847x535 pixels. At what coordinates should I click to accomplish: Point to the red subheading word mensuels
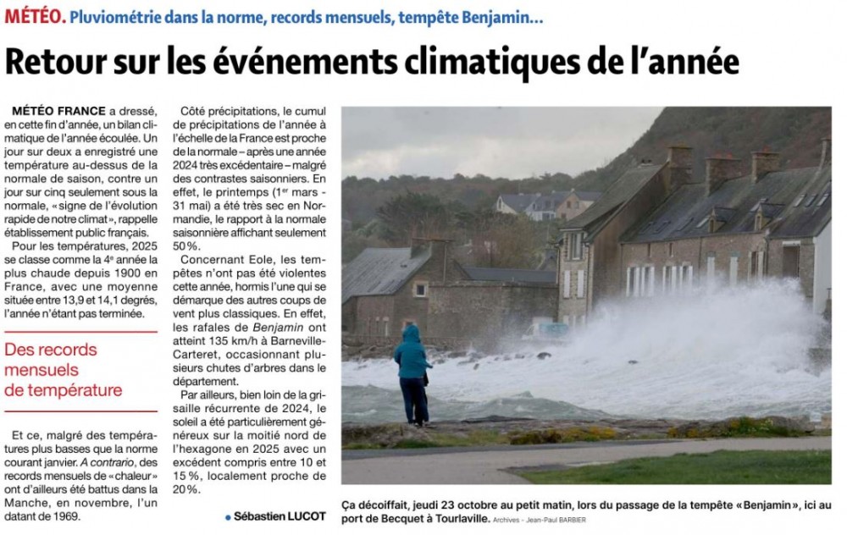coord(41,370)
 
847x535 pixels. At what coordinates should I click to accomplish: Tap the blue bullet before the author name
coord(228,517)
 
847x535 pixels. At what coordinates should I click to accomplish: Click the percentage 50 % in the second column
coord(187,246)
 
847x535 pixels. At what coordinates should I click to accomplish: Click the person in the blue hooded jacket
coord(412,372)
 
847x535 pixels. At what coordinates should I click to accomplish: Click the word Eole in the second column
coord(246,260)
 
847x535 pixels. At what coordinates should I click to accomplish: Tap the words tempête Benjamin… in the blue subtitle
coord(493,16)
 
